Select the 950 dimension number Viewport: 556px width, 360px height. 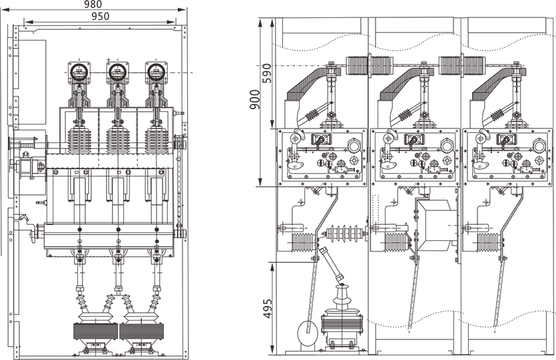[x=101, y=15]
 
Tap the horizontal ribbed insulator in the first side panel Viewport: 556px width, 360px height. [x=346, y=234]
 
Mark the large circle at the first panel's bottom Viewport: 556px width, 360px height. [x=304, y=329]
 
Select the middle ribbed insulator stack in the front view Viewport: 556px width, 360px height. [x=118, y=140]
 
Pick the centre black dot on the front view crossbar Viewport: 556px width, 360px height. [x=119, y=230]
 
